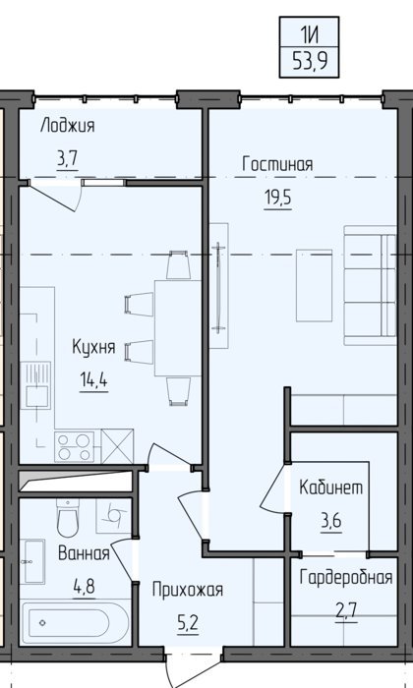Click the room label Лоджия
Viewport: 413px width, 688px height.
67,127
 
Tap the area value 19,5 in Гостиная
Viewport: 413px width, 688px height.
277,198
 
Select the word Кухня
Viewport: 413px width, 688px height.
93,347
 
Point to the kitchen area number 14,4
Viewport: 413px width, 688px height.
93,380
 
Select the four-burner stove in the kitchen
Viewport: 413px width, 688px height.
74,446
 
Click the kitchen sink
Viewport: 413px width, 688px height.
35,385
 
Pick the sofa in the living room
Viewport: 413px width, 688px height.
370,285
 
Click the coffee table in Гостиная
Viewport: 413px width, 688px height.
314,285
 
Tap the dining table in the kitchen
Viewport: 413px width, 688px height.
178,328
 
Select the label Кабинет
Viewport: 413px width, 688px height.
331,487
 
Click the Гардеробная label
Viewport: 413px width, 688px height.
346,578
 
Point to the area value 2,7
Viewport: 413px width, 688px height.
346,610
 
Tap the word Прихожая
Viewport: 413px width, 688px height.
188,590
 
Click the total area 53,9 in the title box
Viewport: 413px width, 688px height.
310,62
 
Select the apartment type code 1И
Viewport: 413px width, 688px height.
310,33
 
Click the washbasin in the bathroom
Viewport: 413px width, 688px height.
34,561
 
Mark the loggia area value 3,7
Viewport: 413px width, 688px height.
67,159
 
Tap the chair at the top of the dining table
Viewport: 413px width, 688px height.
178,264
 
